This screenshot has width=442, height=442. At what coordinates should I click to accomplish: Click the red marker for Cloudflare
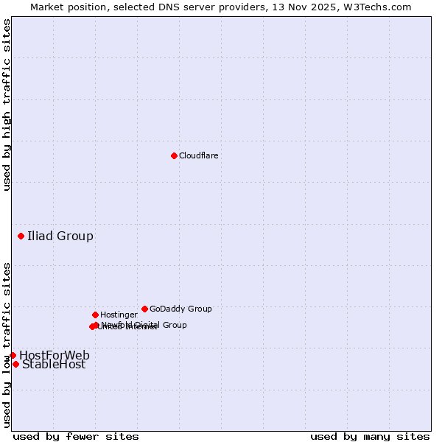click(x=174, y=155)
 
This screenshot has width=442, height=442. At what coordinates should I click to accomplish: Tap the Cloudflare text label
click(x=199, y=156)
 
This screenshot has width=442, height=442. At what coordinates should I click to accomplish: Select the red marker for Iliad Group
click(x=21, y=236)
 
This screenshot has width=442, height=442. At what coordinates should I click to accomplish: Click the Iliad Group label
click(x=60, y=236)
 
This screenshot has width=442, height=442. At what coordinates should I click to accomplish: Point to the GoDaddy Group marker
click(x=144, y=309)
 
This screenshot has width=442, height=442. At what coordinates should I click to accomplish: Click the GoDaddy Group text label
click(x=180, y=309)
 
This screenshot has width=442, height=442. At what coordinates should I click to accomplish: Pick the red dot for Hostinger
click(x=95, y=315)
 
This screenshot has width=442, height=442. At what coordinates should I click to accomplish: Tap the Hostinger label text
click(x=119, y=315)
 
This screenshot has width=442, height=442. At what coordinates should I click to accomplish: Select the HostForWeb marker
click(x=13, y=355)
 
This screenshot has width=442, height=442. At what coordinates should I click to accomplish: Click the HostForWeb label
click(x=55, y=356)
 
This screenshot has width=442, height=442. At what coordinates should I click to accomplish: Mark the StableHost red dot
click(x=15, y=364)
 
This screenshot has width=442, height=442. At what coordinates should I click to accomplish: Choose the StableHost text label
click(x=54, y=365)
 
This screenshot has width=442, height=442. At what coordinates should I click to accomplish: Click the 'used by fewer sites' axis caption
click(x=76, y=436)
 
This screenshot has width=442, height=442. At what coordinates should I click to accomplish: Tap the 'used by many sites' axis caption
click(x=370, y=436)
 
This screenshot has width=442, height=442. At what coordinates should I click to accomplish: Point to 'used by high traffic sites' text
click(x=7, y=105)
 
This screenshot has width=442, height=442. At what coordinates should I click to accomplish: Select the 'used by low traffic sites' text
click(x=7, y=345)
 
